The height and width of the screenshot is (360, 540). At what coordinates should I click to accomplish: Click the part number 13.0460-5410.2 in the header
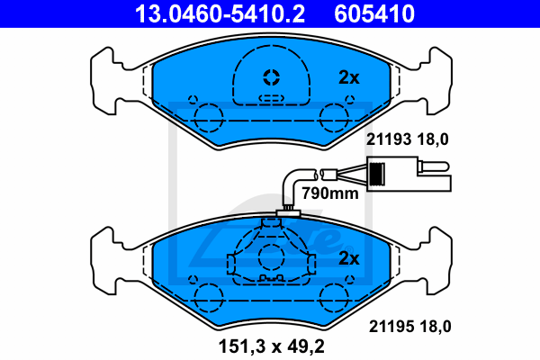(220, 13)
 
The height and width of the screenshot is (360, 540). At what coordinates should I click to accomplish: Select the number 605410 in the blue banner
(374, 13)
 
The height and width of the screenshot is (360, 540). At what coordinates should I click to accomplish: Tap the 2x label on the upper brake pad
(349, 77)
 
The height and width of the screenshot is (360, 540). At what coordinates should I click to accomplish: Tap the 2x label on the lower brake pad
(349, 258)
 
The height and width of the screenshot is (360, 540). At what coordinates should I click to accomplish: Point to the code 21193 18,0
(408, 139)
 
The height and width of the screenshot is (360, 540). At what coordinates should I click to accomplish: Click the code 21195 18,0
(409, 326)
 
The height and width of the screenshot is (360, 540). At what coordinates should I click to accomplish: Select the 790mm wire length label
(330, 193)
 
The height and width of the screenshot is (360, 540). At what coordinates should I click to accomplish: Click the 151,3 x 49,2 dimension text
(272, 346)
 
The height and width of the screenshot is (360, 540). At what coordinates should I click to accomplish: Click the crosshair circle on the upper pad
(272, 77)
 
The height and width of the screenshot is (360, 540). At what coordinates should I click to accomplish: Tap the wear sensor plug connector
(409, 174)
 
